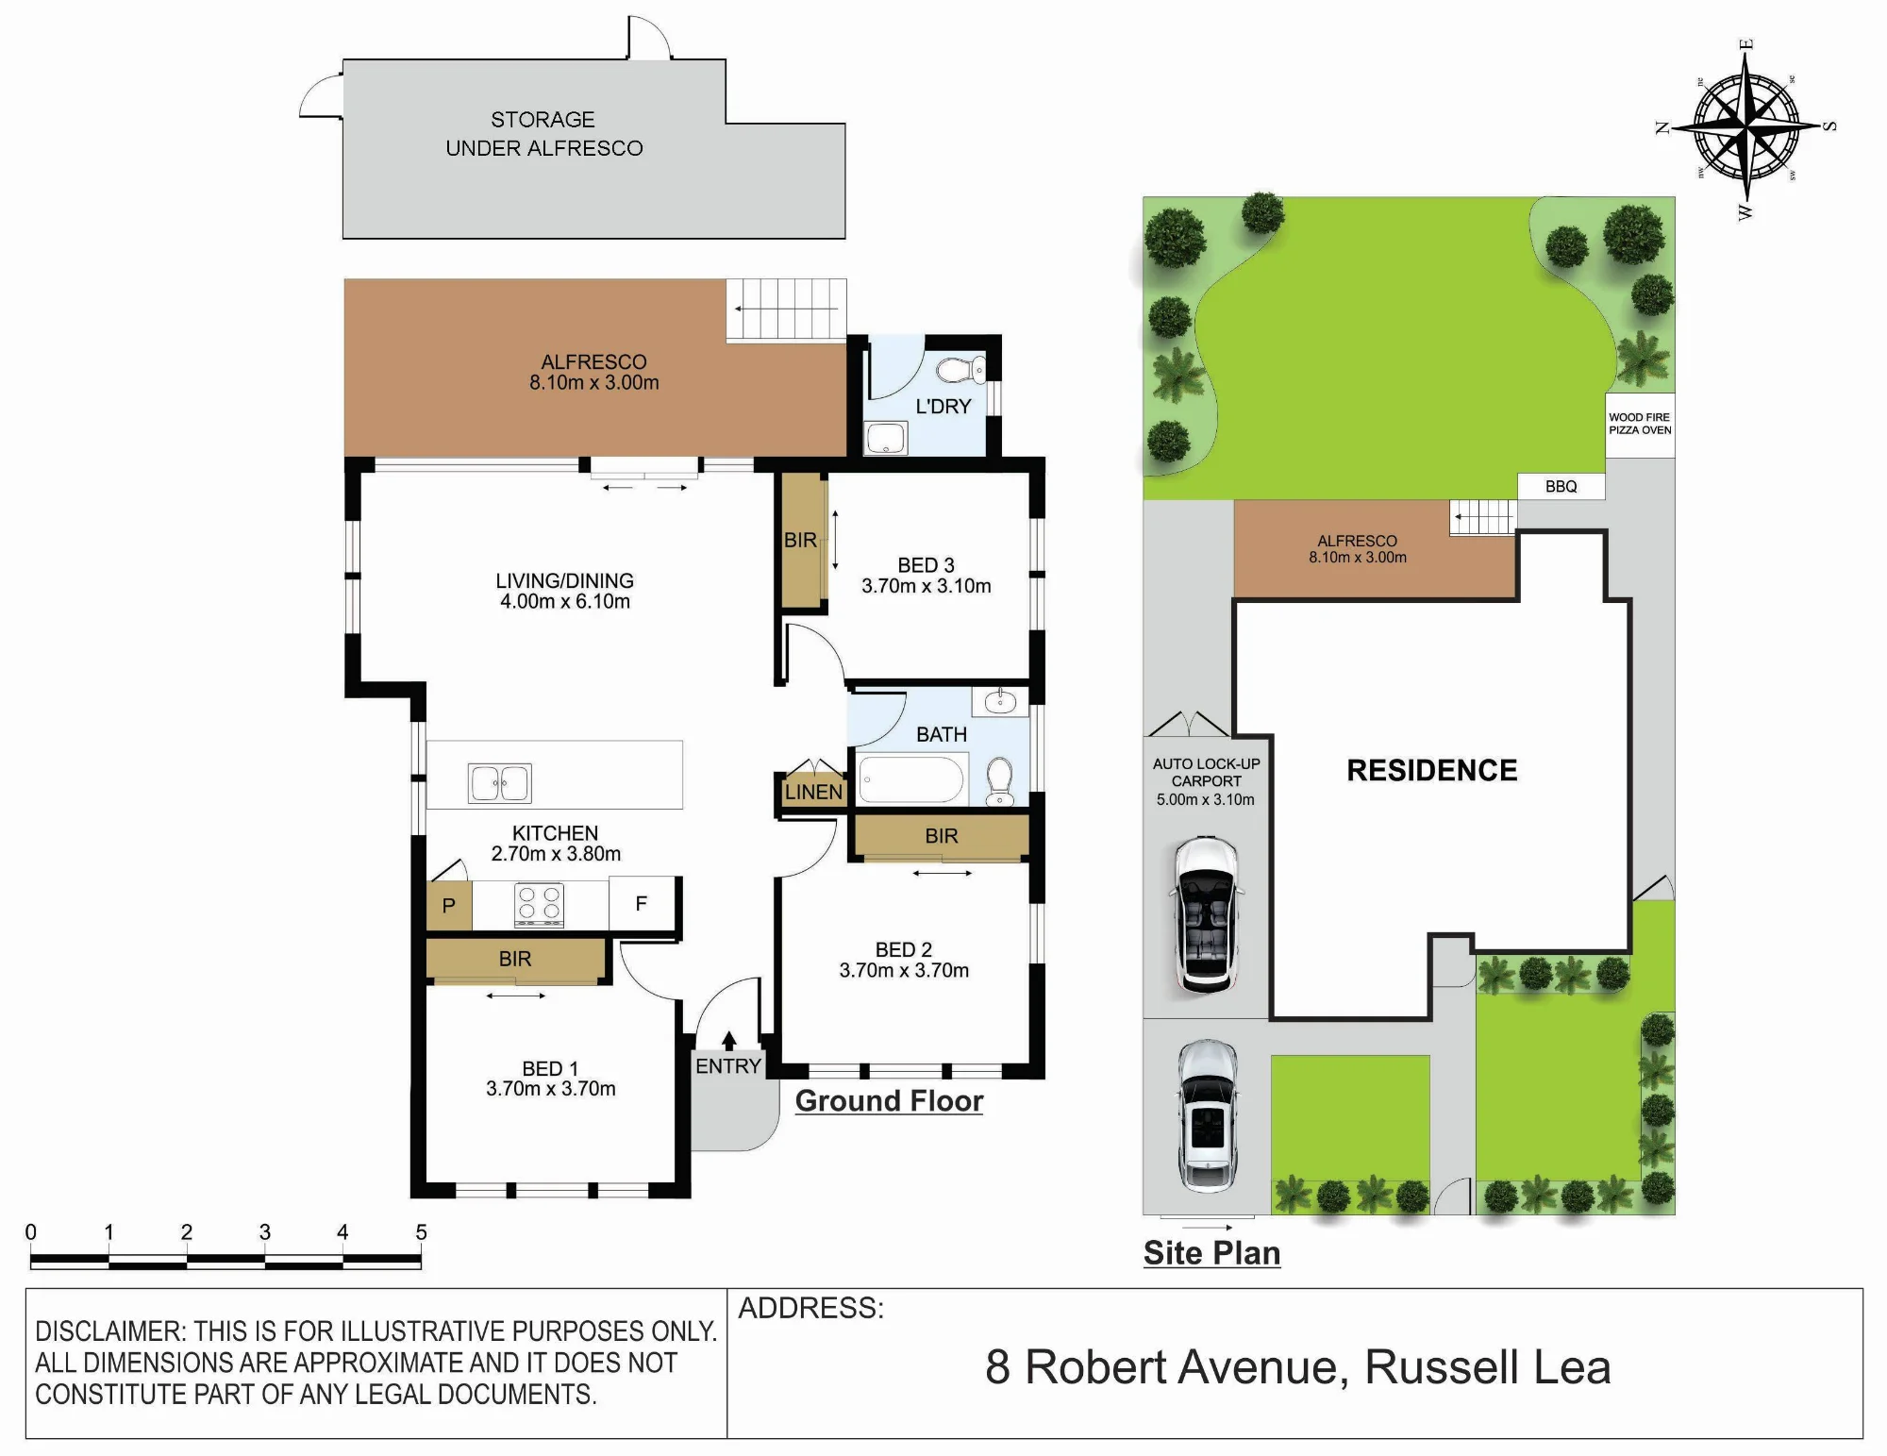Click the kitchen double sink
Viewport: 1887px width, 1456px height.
tap(500, 783)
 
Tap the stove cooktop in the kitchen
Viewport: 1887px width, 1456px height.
tap(540, 904)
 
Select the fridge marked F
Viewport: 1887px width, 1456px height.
tap(642, 904)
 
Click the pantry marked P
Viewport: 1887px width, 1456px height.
tap(449, 906)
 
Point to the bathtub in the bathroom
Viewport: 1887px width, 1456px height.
tap(911, 780)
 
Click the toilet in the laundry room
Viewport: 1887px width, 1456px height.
tap(961, 369)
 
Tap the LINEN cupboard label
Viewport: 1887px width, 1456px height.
tap(813, 793)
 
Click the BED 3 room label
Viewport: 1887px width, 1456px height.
tap(926, 565)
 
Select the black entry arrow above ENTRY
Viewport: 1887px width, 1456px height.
tap(728, 1041)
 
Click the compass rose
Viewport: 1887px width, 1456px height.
tap(1745, 126)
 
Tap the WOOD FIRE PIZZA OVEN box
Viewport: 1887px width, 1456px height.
tap(1640, 425)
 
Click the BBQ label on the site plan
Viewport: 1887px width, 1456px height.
tap(1561, 487)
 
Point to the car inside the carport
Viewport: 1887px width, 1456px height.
tap(1206, 914)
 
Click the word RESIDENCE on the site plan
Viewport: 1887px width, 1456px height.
tap(1432, 770)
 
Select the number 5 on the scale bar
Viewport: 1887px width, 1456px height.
tap(421, 1231)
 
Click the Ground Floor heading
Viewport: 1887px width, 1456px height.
tap(889, 1101)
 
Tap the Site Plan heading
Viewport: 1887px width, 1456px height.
tap(1212, 1253)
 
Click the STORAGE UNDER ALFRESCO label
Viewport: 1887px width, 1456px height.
tap(544, 134)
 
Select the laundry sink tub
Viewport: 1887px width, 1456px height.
tap(886, 438)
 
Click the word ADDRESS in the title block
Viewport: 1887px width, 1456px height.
tap(810, 1308)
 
